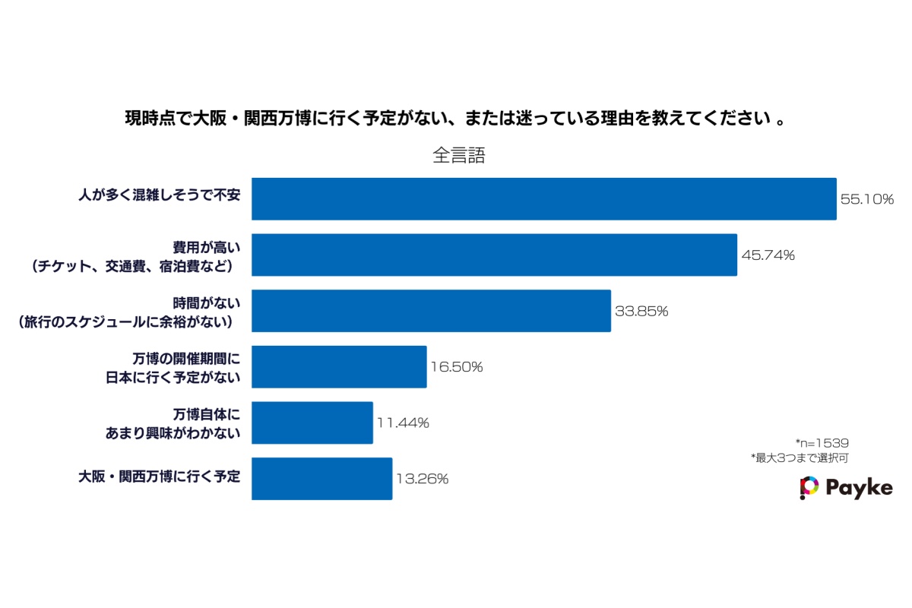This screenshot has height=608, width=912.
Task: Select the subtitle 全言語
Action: (459, 156)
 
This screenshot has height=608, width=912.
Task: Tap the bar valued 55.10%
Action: (543, 199)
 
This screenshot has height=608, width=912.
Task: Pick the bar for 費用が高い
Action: (494, 255)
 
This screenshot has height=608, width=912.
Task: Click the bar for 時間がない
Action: (431, 311)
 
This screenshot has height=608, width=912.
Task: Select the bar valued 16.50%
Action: (339, 367)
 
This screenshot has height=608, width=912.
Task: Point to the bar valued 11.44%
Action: (312, 423)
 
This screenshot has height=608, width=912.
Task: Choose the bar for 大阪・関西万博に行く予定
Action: (321, 479)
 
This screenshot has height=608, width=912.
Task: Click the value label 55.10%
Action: (866, 200)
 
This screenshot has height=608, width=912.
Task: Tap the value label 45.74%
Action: (768, 255)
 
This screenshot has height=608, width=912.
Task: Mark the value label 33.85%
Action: (641, 312)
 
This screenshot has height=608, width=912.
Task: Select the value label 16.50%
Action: (457, 367)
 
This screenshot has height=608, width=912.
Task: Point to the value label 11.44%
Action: (403, 423)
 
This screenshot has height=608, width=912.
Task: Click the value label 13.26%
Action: (422, 480)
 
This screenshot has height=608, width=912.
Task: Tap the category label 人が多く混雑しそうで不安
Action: (159, 196)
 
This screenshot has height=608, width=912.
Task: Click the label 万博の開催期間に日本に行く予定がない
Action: (173, 367)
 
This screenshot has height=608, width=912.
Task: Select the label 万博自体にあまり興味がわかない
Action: (173, 423)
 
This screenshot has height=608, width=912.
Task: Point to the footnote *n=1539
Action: (822, 443)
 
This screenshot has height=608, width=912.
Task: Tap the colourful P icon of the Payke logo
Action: (809, 487)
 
